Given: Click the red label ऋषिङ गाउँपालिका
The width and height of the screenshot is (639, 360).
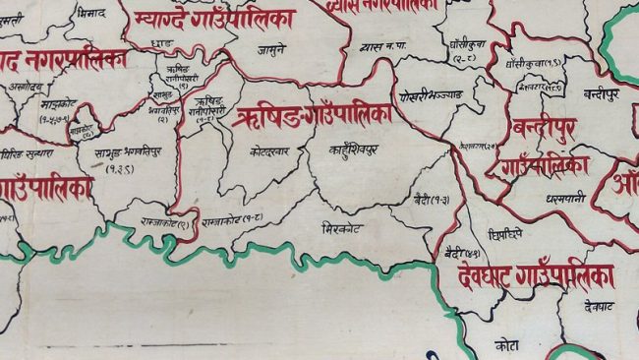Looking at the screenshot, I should point(313,116).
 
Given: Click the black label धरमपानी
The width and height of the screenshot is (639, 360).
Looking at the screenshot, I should point(566,197).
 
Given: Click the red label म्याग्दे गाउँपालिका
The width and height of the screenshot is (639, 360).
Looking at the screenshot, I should point(216,18).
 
